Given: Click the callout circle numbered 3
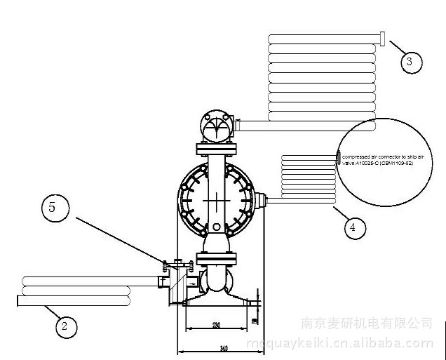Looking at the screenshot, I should point(412,62).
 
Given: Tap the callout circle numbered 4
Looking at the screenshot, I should point(354,227).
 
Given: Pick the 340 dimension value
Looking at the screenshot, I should point(223,347).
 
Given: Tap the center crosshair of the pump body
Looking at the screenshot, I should point(217,199).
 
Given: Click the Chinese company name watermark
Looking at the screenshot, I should point(366,324).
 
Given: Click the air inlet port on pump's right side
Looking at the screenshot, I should point(261,201).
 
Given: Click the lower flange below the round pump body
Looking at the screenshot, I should point(216,259).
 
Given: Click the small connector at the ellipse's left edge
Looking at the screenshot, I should point(338,156).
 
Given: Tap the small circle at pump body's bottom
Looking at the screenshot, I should point(217,227).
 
